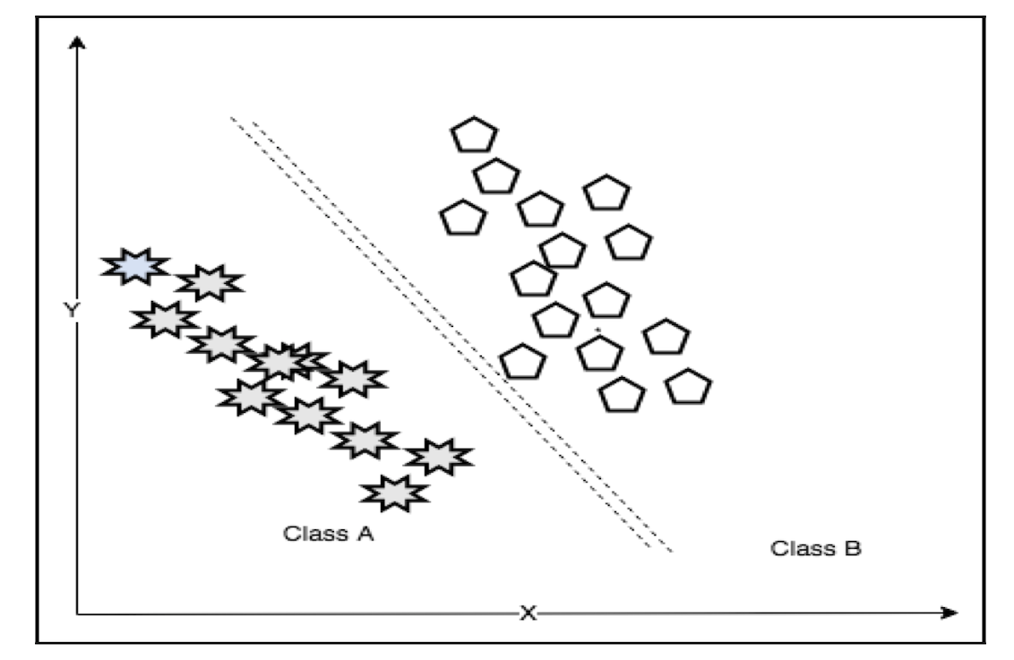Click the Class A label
(x=328, y=535)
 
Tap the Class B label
(x=816, y=547)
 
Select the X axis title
(x=528, y=613)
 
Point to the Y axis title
(x=71, y=310)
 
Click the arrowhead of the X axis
(x=951, y=613)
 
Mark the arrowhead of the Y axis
(x=79, y=40)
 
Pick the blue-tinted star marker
(x=134, y=266)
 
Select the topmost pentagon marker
(x=473, y=135)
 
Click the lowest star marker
(x=395, y=492)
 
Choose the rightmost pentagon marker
(x=688, y=386)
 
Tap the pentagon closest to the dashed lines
(x=522, y=362)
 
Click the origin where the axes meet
(x=79, y=613)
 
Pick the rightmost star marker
(x=438, y=457)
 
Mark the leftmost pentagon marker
(x=463, y=217)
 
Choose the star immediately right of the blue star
(x=209, y=283)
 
